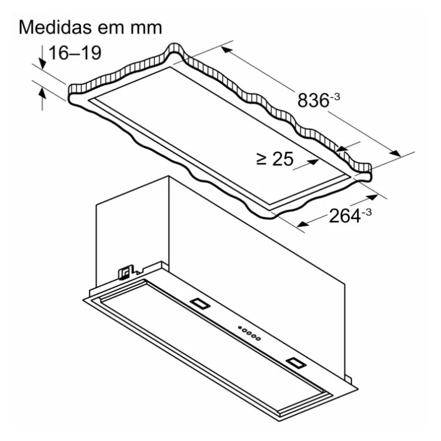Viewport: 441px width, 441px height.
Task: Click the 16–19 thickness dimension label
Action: click(75, 53)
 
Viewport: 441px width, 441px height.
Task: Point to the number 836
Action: click(313, 100)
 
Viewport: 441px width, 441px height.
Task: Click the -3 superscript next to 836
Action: click(335, 97)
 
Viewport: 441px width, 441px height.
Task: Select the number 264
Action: click(345, 216)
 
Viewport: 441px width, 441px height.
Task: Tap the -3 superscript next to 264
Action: click(366, 212)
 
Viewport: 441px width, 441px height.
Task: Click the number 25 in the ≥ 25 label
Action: click(283, 159)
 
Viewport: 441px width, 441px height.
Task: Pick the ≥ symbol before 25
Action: click(262, 159)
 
